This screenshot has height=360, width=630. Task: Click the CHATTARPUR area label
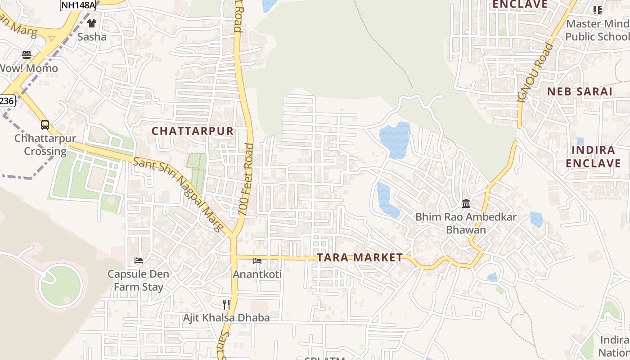coord(193,131)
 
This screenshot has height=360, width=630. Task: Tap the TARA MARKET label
coord(360,257)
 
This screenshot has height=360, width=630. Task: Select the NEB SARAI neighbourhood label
coord(580,92)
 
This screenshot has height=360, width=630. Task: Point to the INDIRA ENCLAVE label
coord(593,157)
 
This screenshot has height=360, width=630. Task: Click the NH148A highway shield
coord(78,4)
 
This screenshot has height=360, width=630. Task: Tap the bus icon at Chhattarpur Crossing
coord(45,125)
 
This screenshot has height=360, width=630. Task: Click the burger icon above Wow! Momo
coord(27,55)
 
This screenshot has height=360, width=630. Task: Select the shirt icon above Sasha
coord(92,23)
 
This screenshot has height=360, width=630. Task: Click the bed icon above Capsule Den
coord(138,261)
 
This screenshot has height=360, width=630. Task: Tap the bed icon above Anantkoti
coord(257,261)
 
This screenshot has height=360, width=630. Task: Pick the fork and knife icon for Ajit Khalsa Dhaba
coord(226,305)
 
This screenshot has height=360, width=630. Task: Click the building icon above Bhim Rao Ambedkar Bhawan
coord(466,204)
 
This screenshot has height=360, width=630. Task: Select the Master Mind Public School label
coord(597,30)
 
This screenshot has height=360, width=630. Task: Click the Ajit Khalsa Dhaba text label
coord(226,318)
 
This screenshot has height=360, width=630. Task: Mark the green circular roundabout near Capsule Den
coord(60,286)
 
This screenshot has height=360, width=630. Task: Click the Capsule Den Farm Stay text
coord(138,280)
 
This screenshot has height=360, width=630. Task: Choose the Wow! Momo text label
coord(29,68)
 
